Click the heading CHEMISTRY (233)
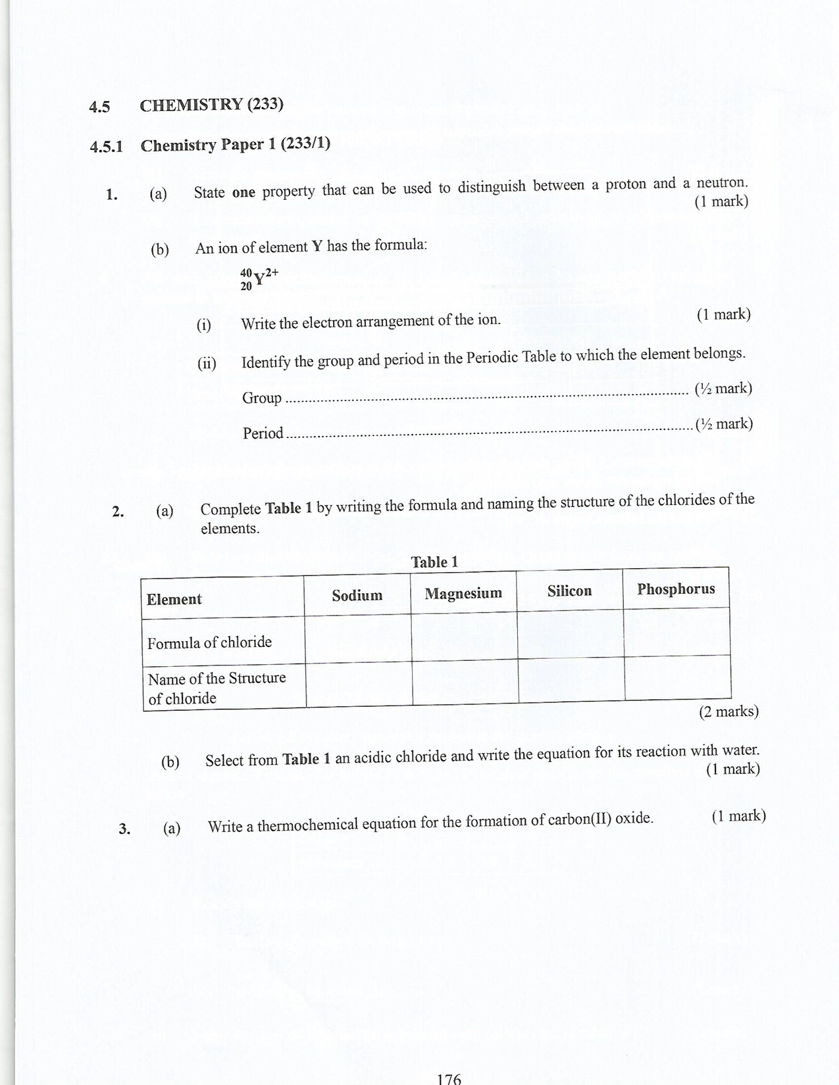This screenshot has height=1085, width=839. [x=211, y=105]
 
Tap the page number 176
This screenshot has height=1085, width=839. [x=449, y=1078]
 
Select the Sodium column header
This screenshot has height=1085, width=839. [x=357, y=595]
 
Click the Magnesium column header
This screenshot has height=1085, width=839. [x=463, y=593]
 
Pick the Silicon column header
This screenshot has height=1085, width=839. [x=569, y=591]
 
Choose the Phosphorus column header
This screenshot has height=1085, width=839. [x=676, y=589]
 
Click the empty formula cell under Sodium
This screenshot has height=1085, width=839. [x=358, y=639]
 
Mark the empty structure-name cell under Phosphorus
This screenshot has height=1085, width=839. [x=678, y=678]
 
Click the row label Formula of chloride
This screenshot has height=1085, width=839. [x=209, y=642]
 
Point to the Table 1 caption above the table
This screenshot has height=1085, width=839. [x=434, y=562]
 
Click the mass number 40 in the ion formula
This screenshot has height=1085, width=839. [x=246, y=272]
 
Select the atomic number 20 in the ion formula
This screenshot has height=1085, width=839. [x=246, y=286]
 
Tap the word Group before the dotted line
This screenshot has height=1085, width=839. [x=262, y=398]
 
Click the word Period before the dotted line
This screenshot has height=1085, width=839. [x=263, y=433]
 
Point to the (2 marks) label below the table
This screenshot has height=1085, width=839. [x=728, y=711]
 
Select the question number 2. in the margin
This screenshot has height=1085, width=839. [x=118, y=512]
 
